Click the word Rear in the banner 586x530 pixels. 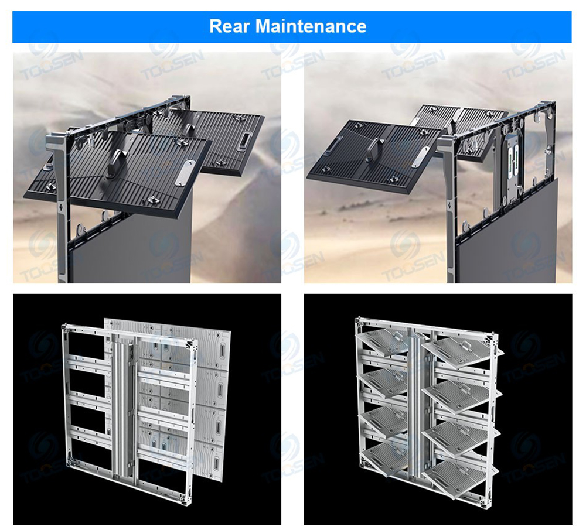[229, 26]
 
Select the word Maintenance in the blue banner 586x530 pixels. [311, 26]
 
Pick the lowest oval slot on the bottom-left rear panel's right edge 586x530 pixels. [216, 464]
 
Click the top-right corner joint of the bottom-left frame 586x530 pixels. [193, 345]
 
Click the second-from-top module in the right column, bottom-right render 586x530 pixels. [462, 395]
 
